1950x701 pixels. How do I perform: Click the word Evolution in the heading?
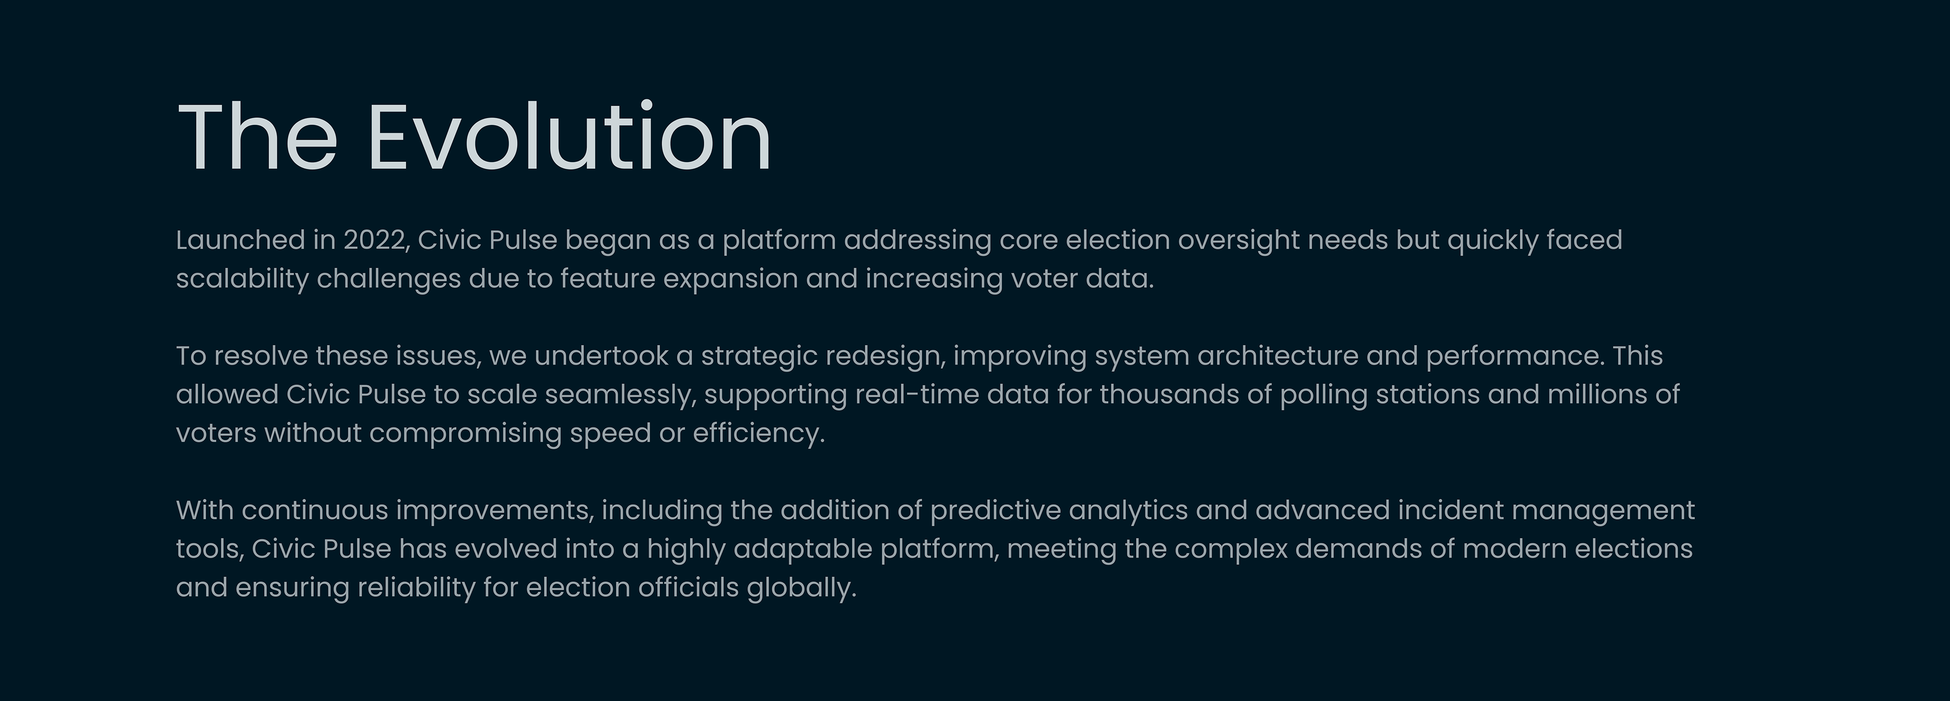(x=569, y=137)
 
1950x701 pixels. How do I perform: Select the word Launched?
(x=240, y=240)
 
